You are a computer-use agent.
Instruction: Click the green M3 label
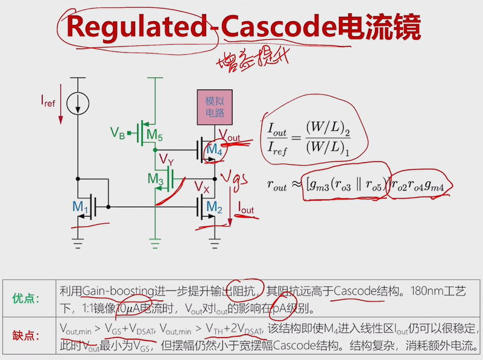pyautogui.click(x=156, y=178)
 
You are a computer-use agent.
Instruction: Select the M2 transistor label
pyautogui.click(x=215, y=207)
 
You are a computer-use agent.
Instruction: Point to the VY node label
pyautogui.click(x=167, y=159)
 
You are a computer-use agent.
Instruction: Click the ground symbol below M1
pyautogui.click(x=77, y=242)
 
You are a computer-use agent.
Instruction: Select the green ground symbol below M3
pyautogui.click(x=155, y=242)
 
